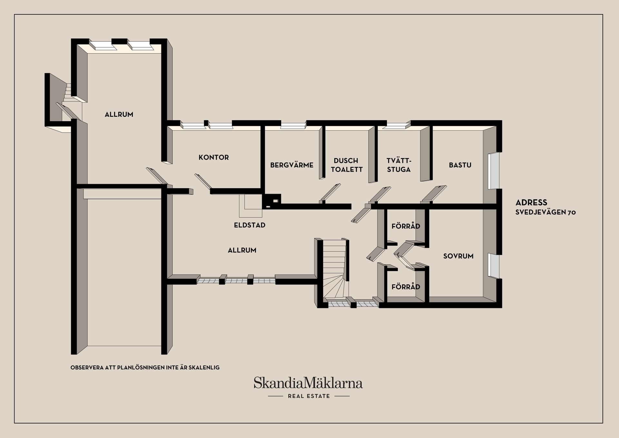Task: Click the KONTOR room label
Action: pos(214,157)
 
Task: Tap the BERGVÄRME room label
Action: pos(292,165)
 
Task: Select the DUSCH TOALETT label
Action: pos(347,165)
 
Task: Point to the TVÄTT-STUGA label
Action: pos(399,165)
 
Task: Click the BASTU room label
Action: pos(460,165)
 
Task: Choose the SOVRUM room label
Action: pos(458,256)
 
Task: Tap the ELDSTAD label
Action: pos(250,225)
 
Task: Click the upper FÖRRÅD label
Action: pos(406,226)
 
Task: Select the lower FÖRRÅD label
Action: pos(406,287)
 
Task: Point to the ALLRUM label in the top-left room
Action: pos(119,114)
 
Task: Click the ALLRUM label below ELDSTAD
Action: pos(242,250)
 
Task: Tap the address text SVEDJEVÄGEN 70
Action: pos(545,212)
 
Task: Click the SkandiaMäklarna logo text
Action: pos(308,383)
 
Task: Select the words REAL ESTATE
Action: pos(309,396)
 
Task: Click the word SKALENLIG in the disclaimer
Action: pos(205,367)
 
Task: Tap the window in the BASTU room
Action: pos(493,171)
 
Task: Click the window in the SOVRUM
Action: pos(493,265)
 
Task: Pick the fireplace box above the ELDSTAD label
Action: pos(251,206)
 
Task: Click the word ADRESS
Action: pos(531,203)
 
